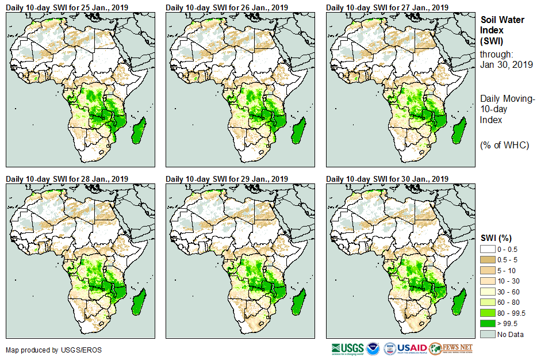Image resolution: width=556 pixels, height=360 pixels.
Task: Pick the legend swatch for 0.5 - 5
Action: click(488, 259)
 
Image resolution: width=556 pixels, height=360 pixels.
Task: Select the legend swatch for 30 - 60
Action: click(488, 292)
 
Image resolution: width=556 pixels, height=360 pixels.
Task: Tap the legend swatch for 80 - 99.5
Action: click(488, 313)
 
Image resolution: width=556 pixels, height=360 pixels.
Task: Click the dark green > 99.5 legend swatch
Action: click(488, 324)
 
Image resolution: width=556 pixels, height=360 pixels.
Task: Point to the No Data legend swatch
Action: click(488, 335)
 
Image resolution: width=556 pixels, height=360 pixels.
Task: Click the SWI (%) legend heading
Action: click(496, 238)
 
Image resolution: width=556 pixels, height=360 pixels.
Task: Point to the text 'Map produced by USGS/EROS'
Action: click(53, 350)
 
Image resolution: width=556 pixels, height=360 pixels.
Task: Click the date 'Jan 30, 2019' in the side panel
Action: click(506, 64)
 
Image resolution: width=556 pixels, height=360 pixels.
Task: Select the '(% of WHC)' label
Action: click(504, 145)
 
